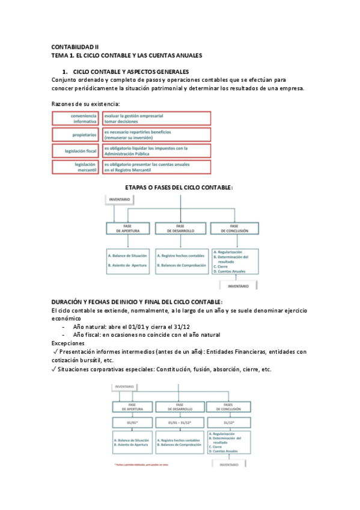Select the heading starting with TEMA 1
point(126,55)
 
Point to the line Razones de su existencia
point(86,104)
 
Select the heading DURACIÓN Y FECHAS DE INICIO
point(136,301)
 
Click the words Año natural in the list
point(91,327)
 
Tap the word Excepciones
point(68,343)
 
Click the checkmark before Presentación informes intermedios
point(55,352)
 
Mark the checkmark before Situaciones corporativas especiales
point(55,369)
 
